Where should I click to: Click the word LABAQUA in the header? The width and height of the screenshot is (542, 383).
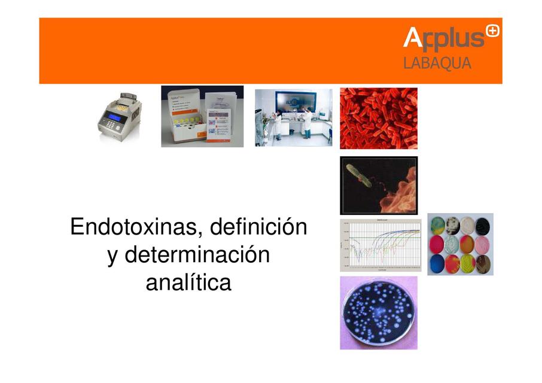[437, 63]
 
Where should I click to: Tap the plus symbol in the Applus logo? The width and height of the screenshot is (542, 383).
[492, 31]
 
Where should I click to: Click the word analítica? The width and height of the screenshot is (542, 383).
[188, 282]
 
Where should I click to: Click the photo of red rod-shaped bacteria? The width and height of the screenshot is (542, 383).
[378, 118]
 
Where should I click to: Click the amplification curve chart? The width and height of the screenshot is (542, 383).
[380, 245]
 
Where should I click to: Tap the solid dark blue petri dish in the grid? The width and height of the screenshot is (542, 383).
[437, 263]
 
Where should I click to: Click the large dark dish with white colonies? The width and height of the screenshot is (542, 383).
[378, 312]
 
